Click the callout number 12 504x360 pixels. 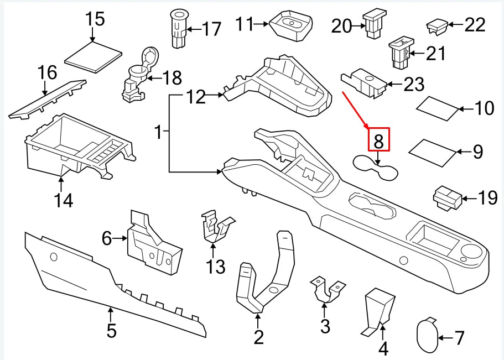(195, 98)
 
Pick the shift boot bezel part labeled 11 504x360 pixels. (291, 26)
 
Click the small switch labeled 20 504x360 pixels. (371, 25)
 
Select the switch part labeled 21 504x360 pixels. (399, 53)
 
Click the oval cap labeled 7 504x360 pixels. (427, 335)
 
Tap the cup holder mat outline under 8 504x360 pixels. (376, 169)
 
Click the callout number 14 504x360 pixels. (64, 200)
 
